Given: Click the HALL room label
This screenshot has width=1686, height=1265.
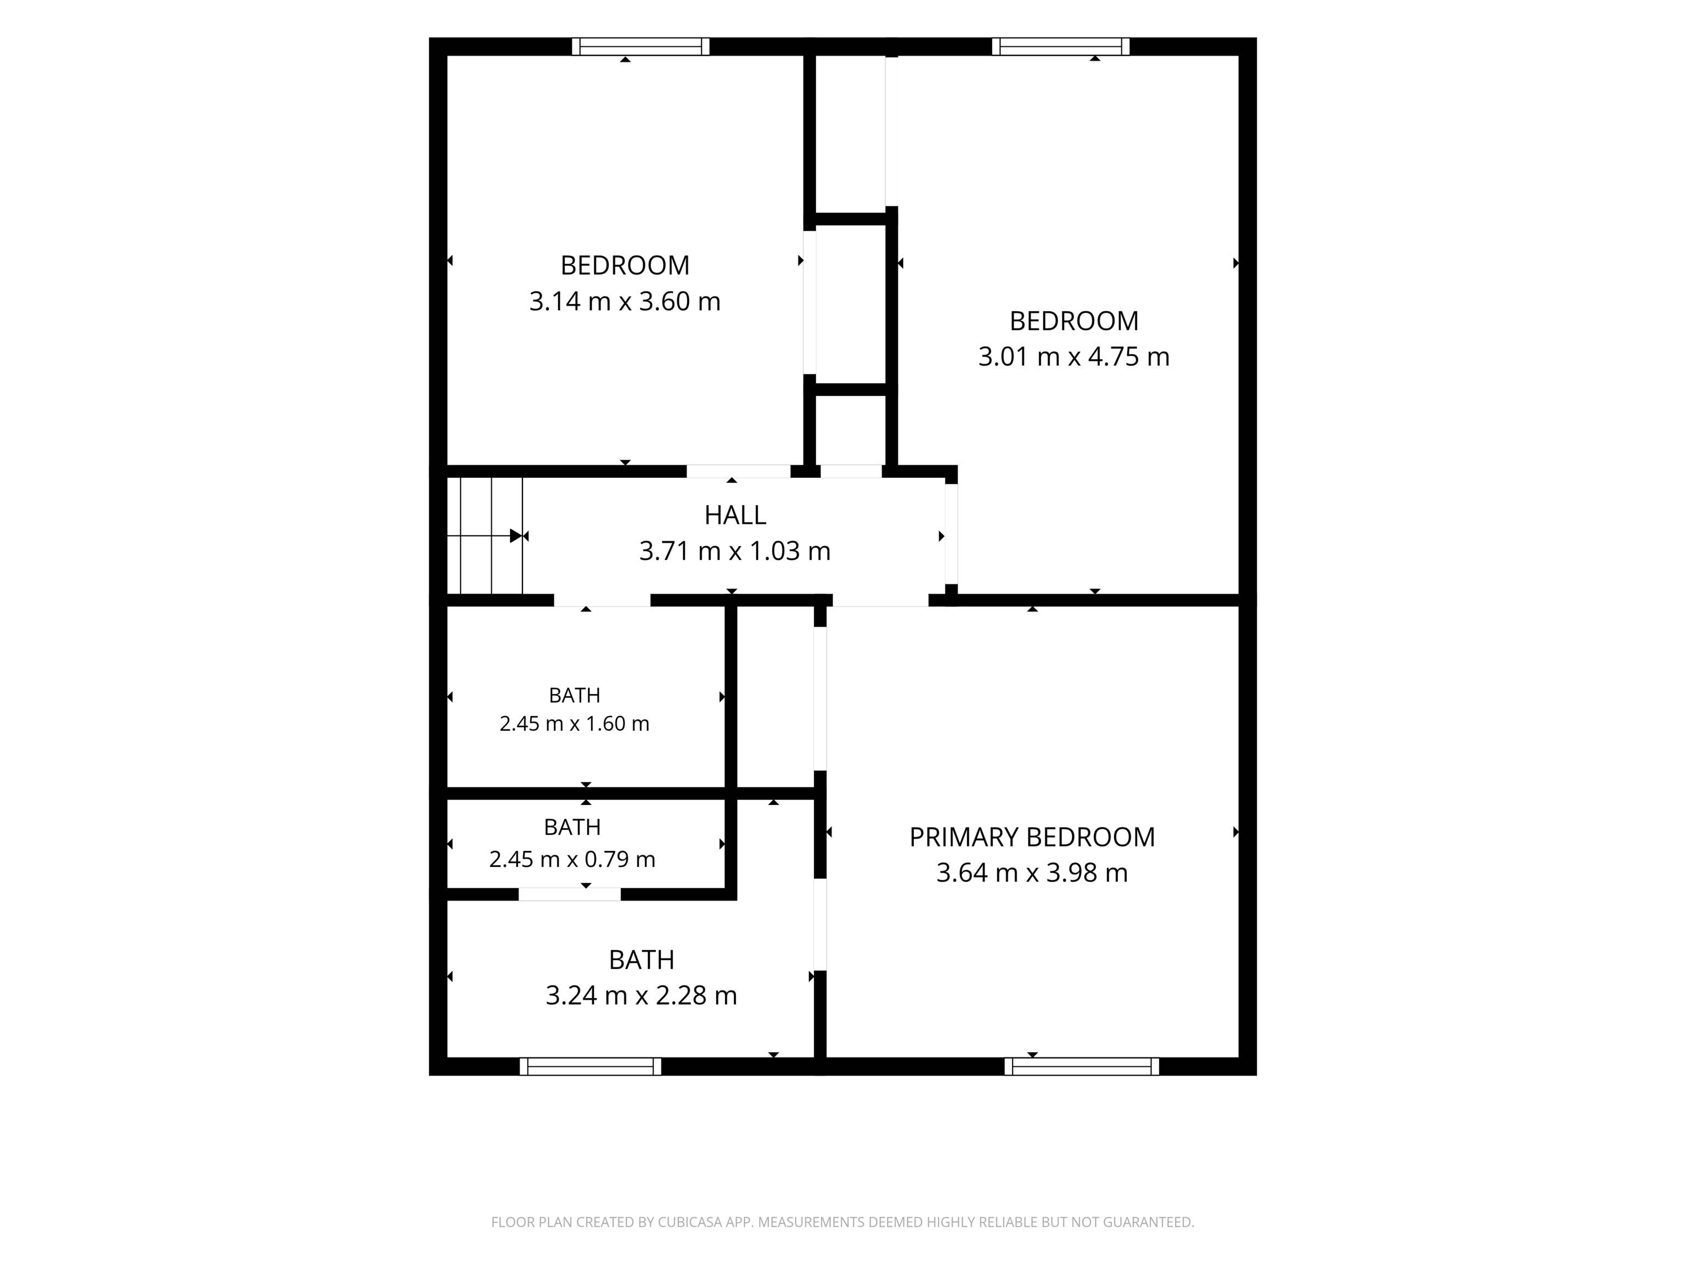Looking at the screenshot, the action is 735,516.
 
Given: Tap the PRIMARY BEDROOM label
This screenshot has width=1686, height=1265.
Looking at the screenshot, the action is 1032,837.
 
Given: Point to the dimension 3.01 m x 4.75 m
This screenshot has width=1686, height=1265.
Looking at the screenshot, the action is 1074,356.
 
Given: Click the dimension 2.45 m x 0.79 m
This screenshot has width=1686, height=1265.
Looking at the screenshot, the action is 572,859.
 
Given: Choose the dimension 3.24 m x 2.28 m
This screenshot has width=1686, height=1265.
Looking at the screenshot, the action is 641,995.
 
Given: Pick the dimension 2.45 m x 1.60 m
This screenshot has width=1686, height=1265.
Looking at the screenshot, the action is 575,724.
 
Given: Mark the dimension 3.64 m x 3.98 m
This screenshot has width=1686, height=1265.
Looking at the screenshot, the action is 1032,872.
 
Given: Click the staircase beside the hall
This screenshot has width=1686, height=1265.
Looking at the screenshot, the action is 485,535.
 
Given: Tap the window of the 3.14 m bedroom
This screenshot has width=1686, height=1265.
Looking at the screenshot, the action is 641,47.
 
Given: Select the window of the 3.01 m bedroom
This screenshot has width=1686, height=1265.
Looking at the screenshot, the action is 1061,47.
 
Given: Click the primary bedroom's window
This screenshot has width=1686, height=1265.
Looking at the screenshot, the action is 1082,1066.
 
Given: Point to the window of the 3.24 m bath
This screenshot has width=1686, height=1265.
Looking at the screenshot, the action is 591,1066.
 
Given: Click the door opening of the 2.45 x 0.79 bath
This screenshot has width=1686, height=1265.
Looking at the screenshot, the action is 570,894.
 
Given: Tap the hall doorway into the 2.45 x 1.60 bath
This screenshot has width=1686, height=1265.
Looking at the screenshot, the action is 602,600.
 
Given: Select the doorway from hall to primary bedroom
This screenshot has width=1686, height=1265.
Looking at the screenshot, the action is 880,600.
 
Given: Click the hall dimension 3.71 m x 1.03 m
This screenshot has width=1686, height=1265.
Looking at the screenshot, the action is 735,551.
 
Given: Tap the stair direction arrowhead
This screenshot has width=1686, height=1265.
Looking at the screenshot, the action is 515,536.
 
